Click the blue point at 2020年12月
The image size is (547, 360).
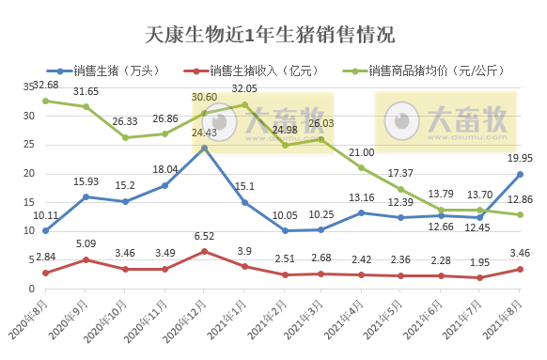(x=204, y=148)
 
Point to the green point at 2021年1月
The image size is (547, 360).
(x=244, y=104)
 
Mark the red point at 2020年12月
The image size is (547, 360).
(x=204, y=251)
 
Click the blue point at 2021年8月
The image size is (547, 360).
(x=520, y=174)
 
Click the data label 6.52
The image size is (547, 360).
(x=204, y=238)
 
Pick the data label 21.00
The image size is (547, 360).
(x=362, y=153)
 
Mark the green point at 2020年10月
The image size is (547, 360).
(x=125, y=137)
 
